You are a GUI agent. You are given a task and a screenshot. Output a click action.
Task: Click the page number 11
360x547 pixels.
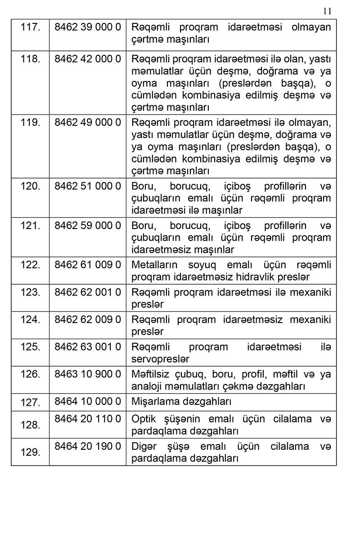pos(327,11)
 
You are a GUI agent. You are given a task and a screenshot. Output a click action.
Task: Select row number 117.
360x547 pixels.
pos(30,27)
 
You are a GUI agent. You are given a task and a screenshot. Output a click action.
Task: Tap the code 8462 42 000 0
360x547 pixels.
pos(88,59)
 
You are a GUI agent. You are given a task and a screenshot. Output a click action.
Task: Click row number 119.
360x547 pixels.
pos(30,122)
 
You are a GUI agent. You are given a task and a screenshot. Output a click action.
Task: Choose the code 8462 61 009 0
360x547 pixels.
pos(88,265)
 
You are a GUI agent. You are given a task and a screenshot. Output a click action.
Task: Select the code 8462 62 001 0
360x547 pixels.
pos(88,292)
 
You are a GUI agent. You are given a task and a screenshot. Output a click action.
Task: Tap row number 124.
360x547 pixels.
pos(30,320)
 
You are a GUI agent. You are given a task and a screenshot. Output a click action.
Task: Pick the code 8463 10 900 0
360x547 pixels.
pos(88,374)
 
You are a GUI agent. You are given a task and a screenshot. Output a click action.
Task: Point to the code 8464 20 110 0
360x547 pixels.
pos(88,419)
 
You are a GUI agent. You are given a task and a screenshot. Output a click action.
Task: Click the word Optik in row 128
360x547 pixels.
pos(143,419)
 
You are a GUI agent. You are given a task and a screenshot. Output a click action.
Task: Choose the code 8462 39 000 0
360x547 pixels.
pos(88,27)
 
